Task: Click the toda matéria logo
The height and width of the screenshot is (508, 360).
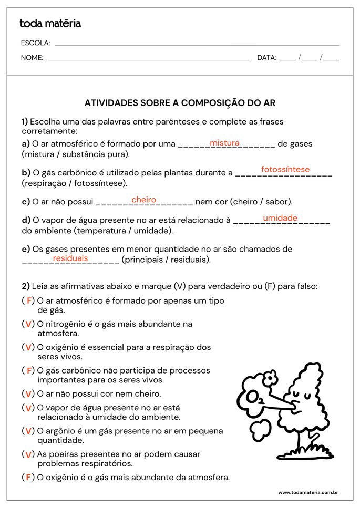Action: [x=50, y=23]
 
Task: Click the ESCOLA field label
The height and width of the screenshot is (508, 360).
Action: [x=35, y=43]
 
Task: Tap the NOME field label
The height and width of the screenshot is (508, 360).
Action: [x=32, y=58]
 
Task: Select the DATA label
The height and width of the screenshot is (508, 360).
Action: [x=266, y=58]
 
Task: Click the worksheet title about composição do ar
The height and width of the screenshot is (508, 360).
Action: [x=180, y=103]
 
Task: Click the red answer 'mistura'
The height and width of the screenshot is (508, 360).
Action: [x=224, y=143]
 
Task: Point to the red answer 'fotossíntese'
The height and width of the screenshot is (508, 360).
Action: [x=285, y=169]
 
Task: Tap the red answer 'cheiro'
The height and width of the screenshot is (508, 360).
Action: [x=143, y=200]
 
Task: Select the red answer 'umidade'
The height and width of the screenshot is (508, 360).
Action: [x=280, y=218]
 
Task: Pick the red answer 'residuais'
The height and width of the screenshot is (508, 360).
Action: [x=70, y=258]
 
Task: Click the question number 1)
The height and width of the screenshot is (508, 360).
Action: [x=25, y=121]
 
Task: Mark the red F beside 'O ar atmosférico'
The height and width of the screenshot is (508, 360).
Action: [x=30, y=301]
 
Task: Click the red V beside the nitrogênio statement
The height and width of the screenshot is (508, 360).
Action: [x=28, y=324]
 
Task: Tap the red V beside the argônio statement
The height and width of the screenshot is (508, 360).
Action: [x=28, y=431]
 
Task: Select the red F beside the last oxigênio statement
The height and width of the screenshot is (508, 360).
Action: [x=28, y=478]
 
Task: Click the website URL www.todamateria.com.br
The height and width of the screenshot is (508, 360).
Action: [x=307, y=492]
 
